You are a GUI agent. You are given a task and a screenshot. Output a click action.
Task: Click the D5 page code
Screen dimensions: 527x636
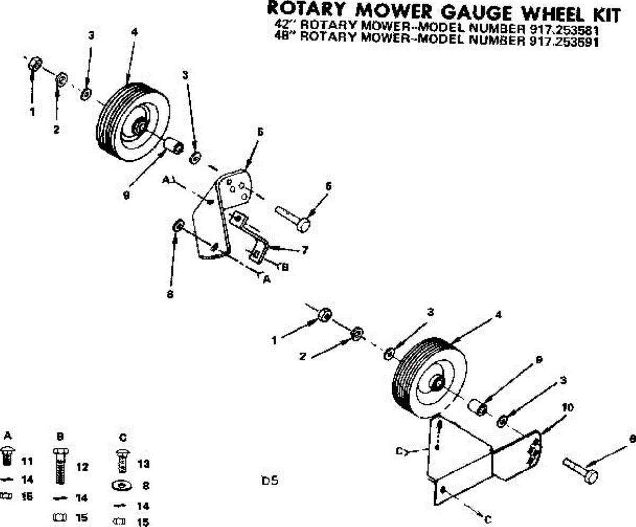pyautogui.click(x=270, y=481)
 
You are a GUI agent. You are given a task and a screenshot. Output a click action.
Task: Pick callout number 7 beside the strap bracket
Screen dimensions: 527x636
pyautogui.click(x=305, y=250)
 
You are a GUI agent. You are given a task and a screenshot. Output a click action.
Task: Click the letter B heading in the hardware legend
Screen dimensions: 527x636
pyautogui.click(x=60, y=436)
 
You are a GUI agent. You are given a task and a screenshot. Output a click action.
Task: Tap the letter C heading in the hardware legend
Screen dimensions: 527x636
pyautogui.click(x=122, y=437)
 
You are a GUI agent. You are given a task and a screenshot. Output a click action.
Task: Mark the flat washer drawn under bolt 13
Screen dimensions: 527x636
pyautogui.click(x=122, y=485)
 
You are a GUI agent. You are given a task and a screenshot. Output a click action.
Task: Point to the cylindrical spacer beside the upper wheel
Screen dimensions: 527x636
pyautogui.click(x=173, y=144)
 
